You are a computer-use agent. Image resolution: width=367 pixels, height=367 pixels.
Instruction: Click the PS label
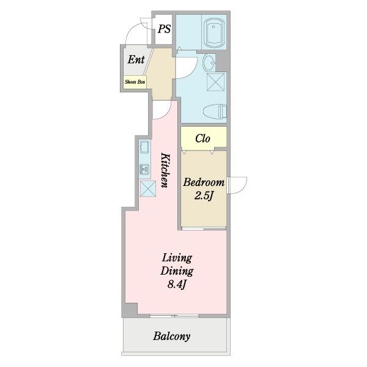[164, 29]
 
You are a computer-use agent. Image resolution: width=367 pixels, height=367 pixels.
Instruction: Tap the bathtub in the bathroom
[214, 32]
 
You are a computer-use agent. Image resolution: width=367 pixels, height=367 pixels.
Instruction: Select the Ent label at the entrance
[136, 59]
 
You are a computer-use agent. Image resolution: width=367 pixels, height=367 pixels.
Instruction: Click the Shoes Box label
[135, 82]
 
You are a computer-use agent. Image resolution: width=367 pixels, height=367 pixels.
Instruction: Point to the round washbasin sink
[209, 62]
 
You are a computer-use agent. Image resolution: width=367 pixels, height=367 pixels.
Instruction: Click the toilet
[215, 112]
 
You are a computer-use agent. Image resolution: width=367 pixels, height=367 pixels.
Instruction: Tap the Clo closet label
[202, 138]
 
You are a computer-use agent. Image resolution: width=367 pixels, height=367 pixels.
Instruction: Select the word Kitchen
[165, 170]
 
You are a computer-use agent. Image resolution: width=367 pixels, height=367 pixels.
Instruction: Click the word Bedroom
[204, 182]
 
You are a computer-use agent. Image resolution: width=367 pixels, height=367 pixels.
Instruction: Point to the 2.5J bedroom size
[204, 196]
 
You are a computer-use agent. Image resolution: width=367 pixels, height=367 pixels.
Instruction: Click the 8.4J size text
[177, 284]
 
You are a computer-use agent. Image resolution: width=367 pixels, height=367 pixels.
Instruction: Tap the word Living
[177, 258]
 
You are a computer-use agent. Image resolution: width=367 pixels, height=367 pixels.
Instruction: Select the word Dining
[177, 271]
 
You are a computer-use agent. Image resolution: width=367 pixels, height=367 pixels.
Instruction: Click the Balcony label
[171, 336]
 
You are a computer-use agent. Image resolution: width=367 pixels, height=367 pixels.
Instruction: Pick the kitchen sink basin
[144, 147]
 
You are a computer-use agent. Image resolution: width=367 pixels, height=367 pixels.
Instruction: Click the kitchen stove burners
[144, 169]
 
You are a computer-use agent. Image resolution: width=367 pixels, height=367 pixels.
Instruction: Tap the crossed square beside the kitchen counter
[147, 188]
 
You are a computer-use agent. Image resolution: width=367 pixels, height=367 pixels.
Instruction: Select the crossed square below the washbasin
[215, 82]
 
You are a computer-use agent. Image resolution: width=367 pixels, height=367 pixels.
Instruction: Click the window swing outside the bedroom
[237, 185]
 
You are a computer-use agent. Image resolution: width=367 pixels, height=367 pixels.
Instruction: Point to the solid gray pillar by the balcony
[130, 310]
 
